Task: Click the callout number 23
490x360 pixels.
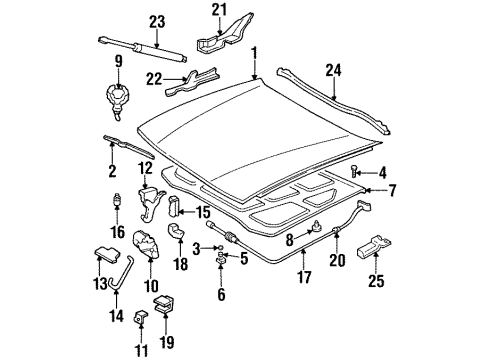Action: pos(156,21)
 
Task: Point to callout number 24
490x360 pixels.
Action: pos(332,69)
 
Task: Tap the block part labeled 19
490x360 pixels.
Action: pos(167,298)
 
